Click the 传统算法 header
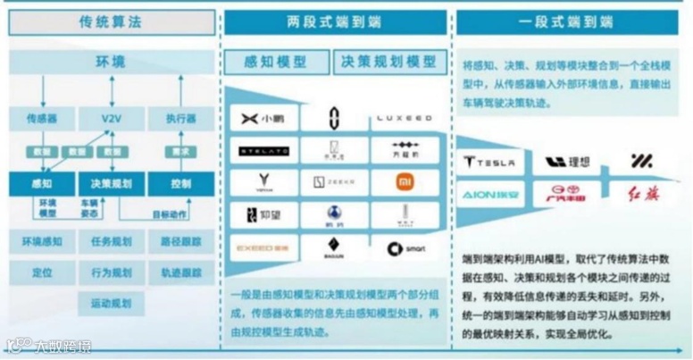[111, 22]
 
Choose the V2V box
[111, 118]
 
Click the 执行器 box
[181, 118]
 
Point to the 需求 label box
[180, 152]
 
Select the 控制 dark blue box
[181, 184]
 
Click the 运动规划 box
[111, 303]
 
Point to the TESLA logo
[489, 162]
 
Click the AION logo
[489, 192]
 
